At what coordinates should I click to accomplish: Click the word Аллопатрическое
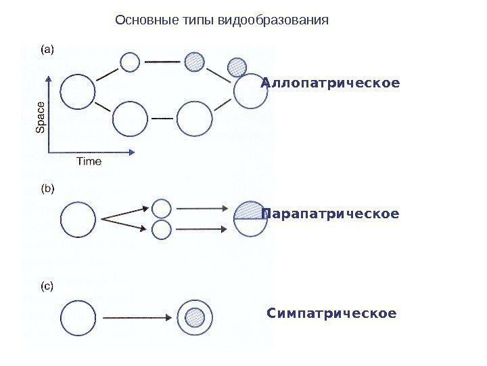click(331, 83)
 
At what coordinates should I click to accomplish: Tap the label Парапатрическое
click(331, 214)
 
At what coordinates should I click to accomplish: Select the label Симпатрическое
click(331, 314)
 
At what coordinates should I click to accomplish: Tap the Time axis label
click(89, 161)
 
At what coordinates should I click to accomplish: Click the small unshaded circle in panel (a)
click(129, 62)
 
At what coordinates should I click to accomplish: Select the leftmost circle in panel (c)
click(78, 317)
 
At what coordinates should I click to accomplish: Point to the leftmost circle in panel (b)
click(78, 219)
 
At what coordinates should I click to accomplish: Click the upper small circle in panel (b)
click(162, 208)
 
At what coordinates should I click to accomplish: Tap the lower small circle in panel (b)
click(162, 230)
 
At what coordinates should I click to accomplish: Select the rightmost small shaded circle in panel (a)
click(237, 66)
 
